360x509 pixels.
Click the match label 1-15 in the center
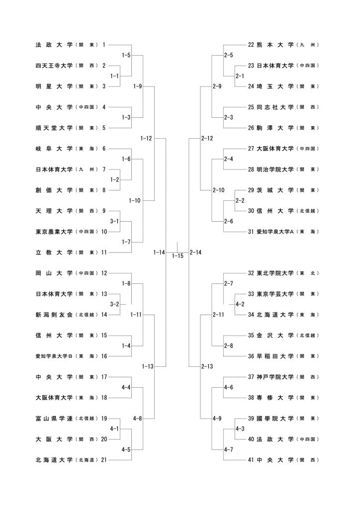pos(178,256)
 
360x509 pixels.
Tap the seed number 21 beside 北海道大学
pos(104,460)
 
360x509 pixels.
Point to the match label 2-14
pos(195,253)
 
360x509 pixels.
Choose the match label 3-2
pos(114,303)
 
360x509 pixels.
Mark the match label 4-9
pos(217,419)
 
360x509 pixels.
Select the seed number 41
pos(251,460)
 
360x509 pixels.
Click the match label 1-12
pos(146,138)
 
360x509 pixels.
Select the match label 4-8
pos(138,419)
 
